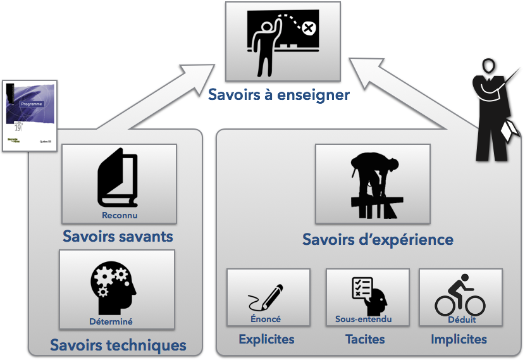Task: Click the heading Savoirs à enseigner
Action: pyautogui.click(x=279, y=96)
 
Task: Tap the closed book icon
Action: pyautogui.click(x=118, y=179)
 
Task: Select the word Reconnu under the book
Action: pyautogui.click(x=119, y=215)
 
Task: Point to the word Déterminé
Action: pyautogui.click(x=111, y=321)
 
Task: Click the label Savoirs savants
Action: pyautogui.click(x=118, y=237)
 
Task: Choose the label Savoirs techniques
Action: pyautogui.click(x=118, y=345)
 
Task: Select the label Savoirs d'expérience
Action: pyautogui.click(x=378, y=240)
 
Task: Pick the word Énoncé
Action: pyautogui.click(x=266, y=320)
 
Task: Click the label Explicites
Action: pyautogui.click(x=266, y=340)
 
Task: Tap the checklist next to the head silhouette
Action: pyautogui.click(x=362, y=289)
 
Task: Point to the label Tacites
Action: pyautogui.click(x=365, y=340)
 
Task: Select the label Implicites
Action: pyautogui.click(x=459, y=340)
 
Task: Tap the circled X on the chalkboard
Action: pyautogui.click(x=308, y=28)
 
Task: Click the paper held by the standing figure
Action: pyautogui.click(x=510, y=130)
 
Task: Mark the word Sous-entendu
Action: pyautogui.click(x=364, y=320)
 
